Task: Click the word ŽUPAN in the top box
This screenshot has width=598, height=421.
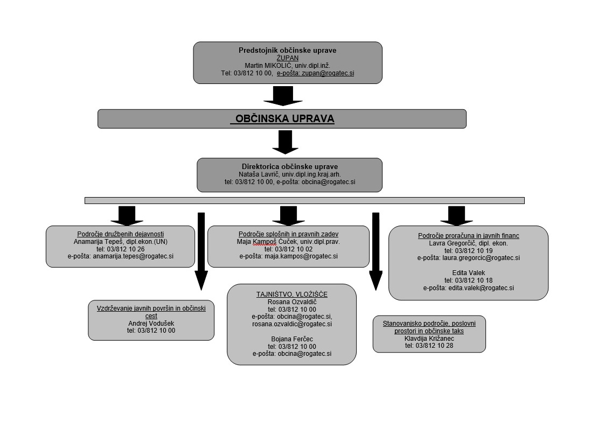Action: tap(287, 58)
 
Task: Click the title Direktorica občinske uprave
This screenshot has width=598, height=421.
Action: tap(289, 167)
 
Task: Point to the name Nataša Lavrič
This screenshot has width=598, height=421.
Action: tap(260, 174)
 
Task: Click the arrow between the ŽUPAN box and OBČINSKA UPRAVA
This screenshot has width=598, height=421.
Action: tap(283, 96)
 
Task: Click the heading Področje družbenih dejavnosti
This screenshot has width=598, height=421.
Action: tap(120, 234)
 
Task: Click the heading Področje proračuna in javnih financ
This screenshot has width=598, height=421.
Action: tap(468, 236)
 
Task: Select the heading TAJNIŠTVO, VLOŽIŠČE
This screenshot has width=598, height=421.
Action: tap(291, 294)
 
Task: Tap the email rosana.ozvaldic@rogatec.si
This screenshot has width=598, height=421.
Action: tap(291, 324)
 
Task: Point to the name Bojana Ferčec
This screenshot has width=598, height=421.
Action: tap(291, 339)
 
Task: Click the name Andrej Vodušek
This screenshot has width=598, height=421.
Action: tap(151, 323)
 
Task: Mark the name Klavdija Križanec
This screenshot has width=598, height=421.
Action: tap(429, 339)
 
